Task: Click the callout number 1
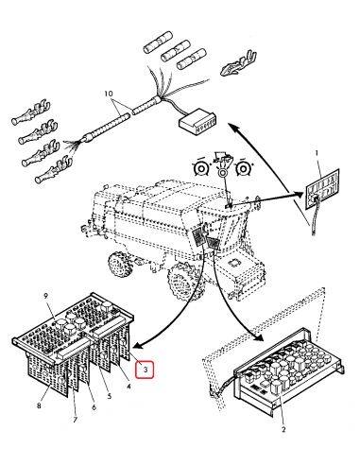click(x=317, y=153)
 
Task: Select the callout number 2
click(x=283, y=429)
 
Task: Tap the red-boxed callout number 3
click(x=145, y=370)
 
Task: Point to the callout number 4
click(x=129, y=386)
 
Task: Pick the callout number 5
click(x=109, y=396)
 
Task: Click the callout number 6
click(x=94, y=407)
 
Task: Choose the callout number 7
click(x=75, y=420)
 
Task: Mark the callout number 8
click(x=39, y=405)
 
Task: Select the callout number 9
click(x=46, y=296)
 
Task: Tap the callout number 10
click(x=109, y=94)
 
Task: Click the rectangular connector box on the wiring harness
click(x=198, y=121)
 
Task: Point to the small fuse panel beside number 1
click(x=322, y=189)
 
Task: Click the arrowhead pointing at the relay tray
click(x=259, y=336)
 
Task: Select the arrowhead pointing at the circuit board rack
click(x=139, y=346)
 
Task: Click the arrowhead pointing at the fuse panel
click(x=299, y=194)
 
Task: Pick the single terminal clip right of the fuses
click(x=239, y=63)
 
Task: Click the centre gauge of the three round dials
click(x=223, y=172)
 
